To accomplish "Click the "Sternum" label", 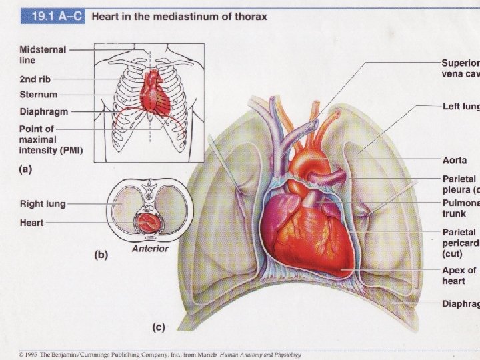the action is (38, 95).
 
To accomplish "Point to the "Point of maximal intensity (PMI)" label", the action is (50, 139).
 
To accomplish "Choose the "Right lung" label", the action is (41, 203).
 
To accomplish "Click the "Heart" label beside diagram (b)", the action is (31, 221).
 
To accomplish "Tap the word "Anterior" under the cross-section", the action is (149, 249).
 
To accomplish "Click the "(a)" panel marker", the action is (25, 169).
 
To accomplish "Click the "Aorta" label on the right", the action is (455, 161).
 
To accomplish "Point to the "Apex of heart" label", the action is (459, 275).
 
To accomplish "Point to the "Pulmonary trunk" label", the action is (460, 208).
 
